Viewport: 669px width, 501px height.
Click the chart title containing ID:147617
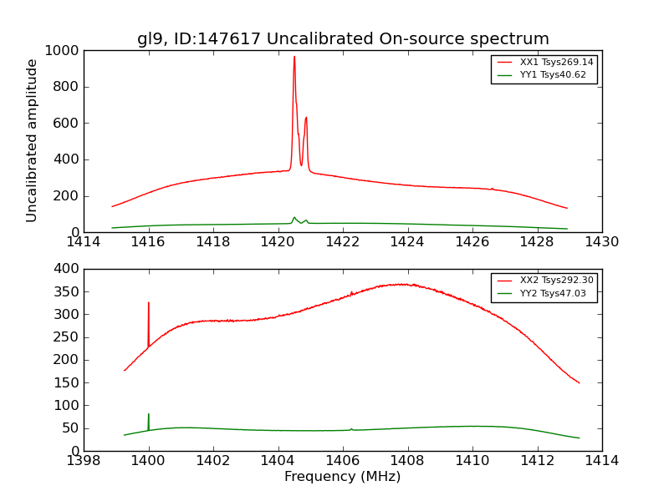343,39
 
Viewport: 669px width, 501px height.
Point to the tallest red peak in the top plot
294,58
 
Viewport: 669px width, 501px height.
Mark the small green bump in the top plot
294,218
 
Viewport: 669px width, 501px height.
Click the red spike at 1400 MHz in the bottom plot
149,304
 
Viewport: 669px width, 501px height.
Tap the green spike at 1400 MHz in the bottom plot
149,415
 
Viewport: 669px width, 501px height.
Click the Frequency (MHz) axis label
342,477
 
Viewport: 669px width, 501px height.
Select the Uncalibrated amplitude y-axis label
32,140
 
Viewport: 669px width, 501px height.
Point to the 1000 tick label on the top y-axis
63,51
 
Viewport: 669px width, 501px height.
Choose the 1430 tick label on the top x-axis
601,242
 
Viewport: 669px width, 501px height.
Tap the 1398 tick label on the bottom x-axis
84,460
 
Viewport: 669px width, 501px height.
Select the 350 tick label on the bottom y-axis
66,292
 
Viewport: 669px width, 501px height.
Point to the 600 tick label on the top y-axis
66,124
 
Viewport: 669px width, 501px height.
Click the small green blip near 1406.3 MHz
351,429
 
